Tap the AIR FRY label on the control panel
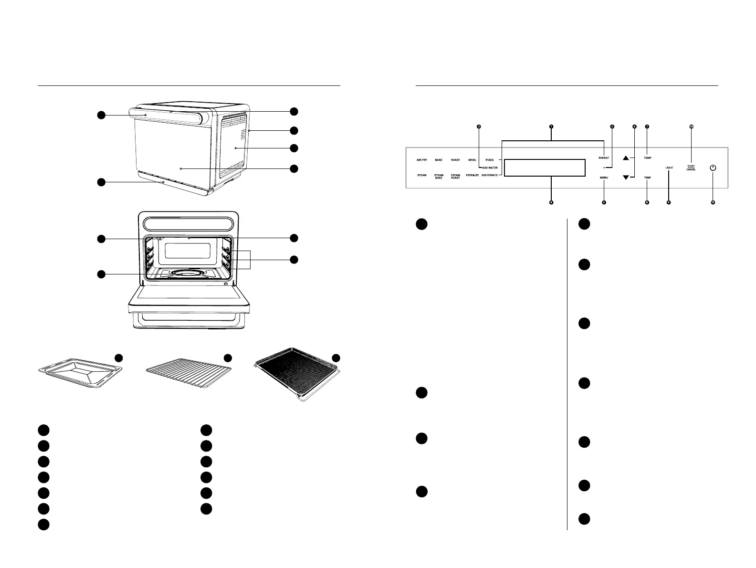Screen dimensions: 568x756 click(x=422, y=160)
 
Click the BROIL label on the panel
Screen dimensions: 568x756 click(x=472, y=160)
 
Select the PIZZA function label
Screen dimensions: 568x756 click(x=490, y=160)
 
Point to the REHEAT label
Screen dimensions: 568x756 click(x=604, y=158)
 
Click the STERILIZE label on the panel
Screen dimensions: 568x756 click(x=472, y=176)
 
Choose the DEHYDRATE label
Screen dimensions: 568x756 click(x=490, y=176)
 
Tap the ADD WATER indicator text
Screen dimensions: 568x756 click(x=490, y=168)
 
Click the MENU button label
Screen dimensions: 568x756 click(x=604, y=178)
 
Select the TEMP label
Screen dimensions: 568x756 click(x=647, y=158)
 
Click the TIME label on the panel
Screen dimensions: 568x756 click(x=647, y=178)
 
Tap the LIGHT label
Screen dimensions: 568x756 click(x=669, y=168)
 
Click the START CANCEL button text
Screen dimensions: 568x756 click(x=691, y=168)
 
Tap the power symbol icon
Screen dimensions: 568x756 click(x=713, y=168)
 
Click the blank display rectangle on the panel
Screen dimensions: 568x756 click(x=545, y=168)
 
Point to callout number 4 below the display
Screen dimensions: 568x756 click(x=551, y=202)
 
